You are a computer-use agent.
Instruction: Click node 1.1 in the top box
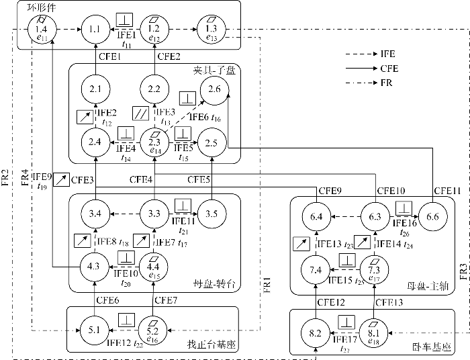click(x=95, y=28)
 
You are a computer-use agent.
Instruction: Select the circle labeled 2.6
click(x=214, y=89)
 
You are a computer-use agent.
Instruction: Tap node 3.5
click(x=211, y=214)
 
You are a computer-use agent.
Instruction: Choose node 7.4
click(x=316, y=269)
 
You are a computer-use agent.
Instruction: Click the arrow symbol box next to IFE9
click(x=60, y=179)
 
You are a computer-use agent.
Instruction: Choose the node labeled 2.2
click(x=154, y=89)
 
